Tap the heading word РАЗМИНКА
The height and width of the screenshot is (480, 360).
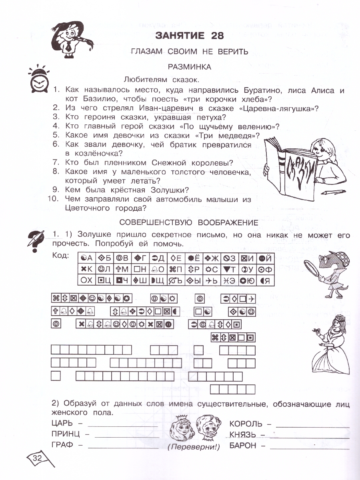[190, 67]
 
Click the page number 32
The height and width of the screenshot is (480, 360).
[38, 458]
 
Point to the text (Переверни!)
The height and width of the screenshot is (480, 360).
[194, 447]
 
